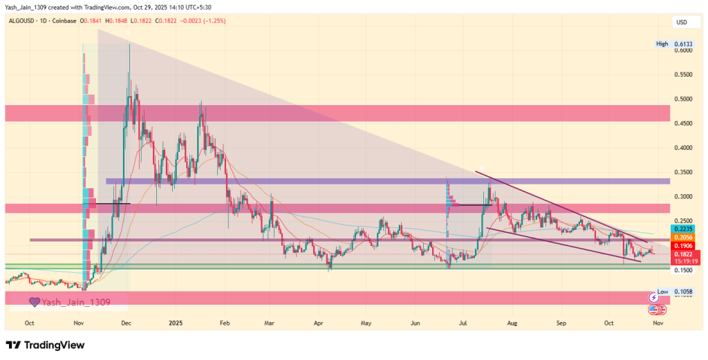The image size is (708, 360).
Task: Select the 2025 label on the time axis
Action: (176, 323)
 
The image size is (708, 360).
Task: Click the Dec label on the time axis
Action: (127, 323)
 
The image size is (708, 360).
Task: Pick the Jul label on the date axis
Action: (463, 323)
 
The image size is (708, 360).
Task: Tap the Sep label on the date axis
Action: (561, 323)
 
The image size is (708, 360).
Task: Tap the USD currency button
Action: (681, 23)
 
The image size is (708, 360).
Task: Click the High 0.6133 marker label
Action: (672, 44)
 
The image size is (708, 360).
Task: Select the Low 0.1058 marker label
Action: (672, 292)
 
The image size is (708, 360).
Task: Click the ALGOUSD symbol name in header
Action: (24, 21)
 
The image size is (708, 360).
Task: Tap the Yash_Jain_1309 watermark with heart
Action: (69, 302)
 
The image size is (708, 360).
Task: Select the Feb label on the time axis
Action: (224, 323)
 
